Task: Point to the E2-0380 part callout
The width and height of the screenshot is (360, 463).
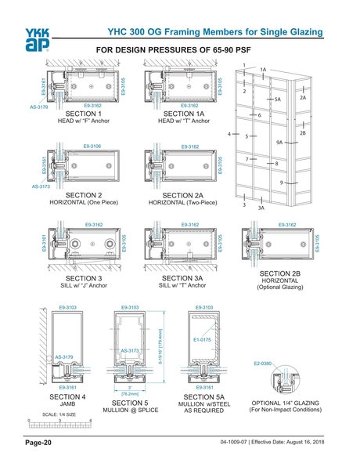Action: pyautogui.click(x=264, y=364)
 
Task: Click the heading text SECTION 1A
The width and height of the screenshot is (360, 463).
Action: pyautogui.click(x=179, y=114)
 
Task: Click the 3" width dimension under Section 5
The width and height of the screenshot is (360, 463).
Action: pyautogui.click(x=128, y=388)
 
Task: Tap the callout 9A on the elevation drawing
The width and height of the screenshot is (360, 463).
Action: pyautogui.click(x=279, y=143)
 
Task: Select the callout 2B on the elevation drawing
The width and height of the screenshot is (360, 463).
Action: pyautogui.click(x=302, y=133)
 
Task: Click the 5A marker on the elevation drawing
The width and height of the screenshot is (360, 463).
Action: pyautogui.click(x=277, y=100)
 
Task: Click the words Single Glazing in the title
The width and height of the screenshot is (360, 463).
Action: pyautogui.click(x=288, y=31)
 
